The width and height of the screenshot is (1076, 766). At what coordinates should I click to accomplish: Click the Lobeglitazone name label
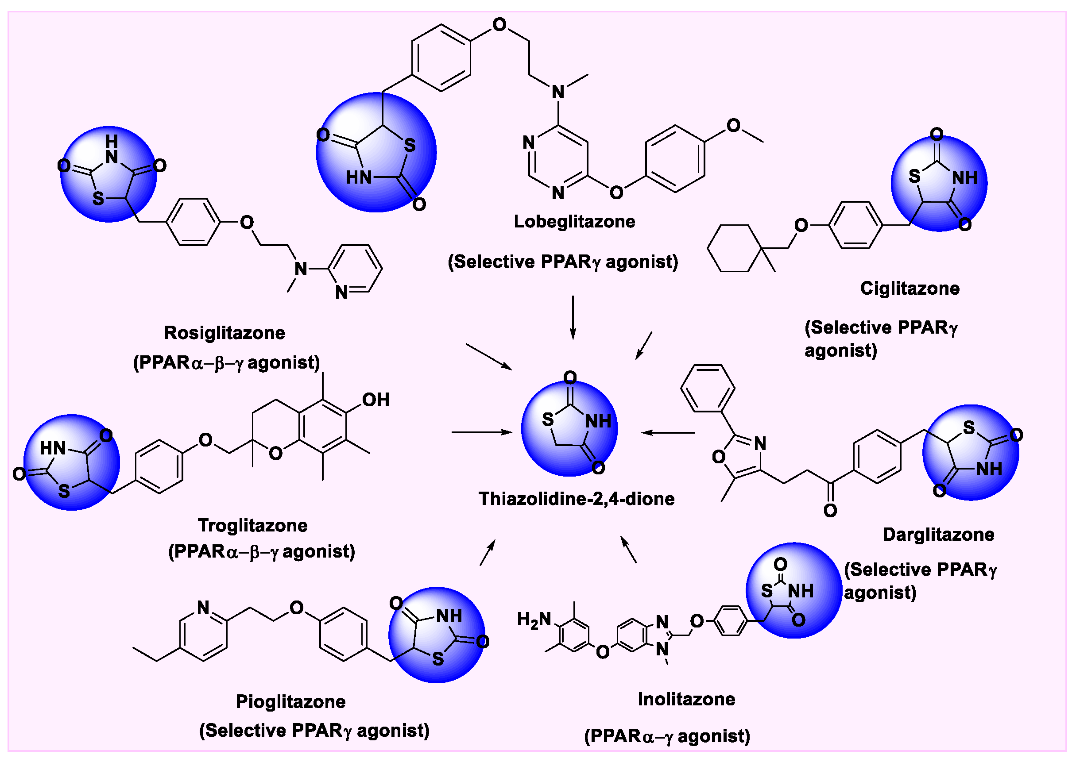point(574,221)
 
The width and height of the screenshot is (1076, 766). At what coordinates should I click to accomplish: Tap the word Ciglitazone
point(910,288)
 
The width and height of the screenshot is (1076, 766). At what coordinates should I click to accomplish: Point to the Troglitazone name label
point(252,525)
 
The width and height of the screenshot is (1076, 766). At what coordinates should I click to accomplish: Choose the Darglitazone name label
point(938,535)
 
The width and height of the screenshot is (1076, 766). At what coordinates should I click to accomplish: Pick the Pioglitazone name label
point(291,701)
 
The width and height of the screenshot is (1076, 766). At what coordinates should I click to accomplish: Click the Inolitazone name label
point(686,699)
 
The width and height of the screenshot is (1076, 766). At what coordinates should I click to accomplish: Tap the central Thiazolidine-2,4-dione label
point(576,499)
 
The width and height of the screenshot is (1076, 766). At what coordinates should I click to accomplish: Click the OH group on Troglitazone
point(375,400)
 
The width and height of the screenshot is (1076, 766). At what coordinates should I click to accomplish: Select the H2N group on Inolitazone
point(534,620)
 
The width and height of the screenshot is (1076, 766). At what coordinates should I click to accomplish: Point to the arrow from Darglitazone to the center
point(668,432)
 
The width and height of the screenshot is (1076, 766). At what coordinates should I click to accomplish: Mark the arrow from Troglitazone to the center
point(482,432)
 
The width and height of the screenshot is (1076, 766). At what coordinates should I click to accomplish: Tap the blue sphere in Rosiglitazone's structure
point(108,174)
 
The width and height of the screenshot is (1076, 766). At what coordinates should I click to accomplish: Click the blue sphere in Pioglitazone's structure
point(437,635)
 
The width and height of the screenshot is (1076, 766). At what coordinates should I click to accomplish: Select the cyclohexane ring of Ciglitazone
point(734,248)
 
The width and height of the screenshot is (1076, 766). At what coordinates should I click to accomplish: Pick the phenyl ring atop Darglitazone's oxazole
point(708,388)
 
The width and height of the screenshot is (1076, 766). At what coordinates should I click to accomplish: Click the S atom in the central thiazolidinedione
point(547,419)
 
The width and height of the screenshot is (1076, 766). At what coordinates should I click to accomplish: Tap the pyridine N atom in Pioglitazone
point(203,608)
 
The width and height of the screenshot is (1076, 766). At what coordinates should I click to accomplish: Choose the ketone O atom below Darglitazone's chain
point(830,510)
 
